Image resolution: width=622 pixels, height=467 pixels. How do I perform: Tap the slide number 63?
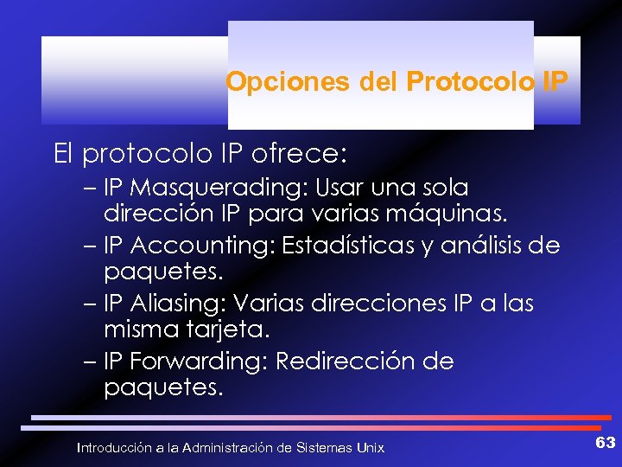[x=606, y=444]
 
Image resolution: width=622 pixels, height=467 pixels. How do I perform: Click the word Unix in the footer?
[x=371, y=448]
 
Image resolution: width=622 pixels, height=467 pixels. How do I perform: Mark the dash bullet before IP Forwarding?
[x=94, y=361]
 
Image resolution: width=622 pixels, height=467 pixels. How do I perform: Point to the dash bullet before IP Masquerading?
[x=94, y=188]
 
